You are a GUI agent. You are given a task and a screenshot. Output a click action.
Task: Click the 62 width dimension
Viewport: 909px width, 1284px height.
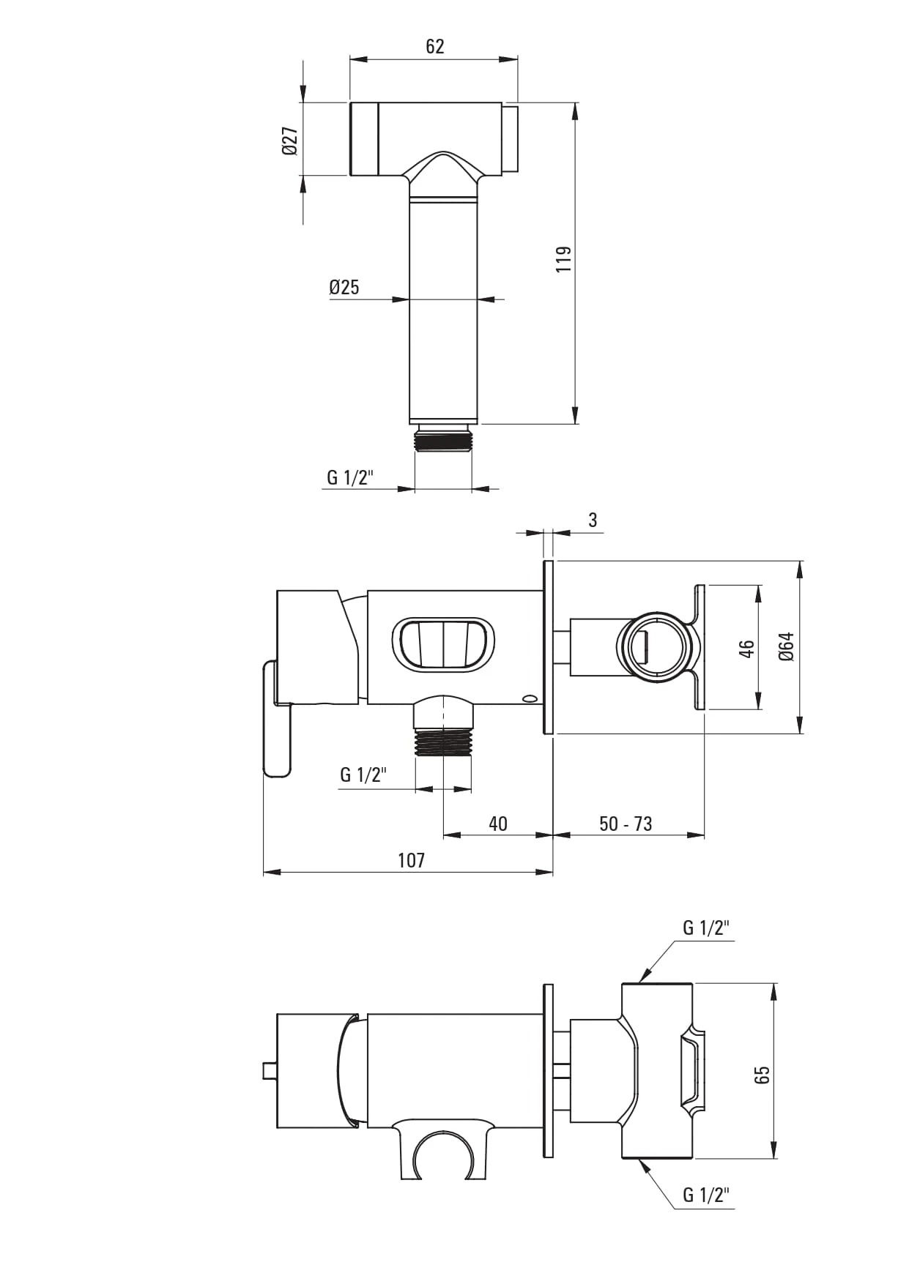pos(434,47)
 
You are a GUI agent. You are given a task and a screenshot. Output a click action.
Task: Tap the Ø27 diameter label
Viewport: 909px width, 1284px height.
pos(289,140)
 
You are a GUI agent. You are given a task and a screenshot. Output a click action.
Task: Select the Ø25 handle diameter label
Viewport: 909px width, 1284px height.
pos(344,287)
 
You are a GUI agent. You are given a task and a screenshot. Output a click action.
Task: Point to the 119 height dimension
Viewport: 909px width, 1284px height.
pos(563,259)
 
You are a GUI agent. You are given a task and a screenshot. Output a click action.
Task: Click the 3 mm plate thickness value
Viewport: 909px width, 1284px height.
pos(593,520)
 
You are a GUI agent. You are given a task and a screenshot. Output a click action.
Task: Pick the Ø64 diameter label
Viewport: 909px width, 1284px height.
pos(787,646)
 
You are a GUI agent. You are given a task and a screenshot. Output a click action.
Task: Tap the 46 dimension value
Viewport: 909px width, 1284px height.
pos(746,649)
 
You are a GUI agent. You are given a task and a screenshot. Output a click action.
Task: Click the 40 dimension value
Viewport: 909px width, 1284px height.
pos(498,824)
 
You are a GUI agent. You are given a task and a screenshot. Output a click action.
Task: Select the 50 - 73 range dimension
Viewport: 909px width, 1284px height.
pos(626,824)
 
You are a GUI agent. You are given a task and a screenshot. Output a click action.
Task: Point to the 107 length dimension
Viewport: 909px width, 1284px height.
pos(412,861)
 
